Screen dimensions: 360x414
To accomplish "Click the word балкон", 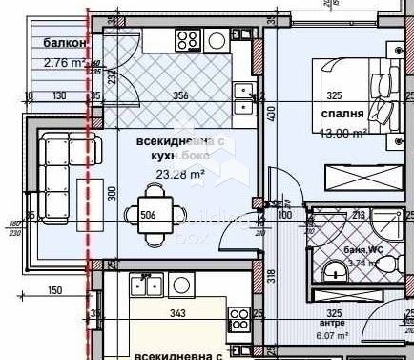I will pyautogui.click(x=66, y=44).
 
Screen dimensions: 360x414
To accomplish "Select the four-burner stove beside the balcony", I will pyautogui.click(x=187, y=41).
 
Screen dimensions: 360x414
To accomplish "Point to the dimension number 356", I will pyautogui.click(x=179, y=95).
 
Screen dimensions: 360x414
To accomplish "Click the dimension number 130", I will pyautogui.click(x=59, y=95).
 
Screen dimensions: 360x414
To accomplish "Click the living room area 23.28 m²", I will pyautogui.click(x=180, y=174).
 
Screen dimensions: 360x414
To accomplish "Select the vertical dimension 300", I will pyautogui.click(x=112, y=194).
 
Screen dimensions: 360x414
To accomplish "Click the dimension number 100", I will pyautogui.click(x=285, y=216).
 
